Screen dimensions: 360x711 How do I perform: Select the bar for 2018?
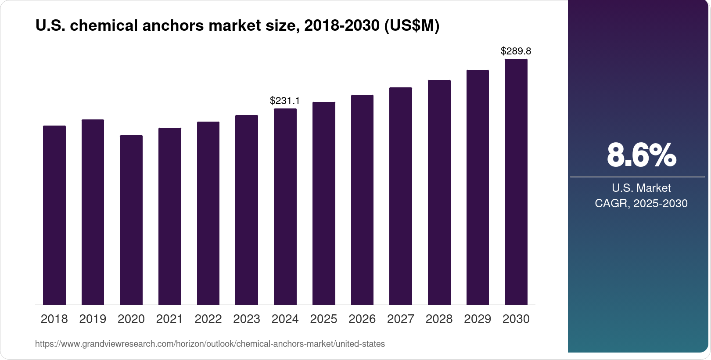tap(54, 215)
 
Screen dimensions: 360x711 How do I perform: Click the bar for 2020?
tap(131, 220)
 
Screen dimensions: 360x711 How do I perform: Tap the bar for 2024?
tap(285, 206)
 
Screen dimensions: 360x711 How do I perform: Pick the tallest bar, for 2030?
tap(516, 182)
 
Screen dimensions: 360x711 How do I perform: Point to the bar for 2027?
tap(400, 196)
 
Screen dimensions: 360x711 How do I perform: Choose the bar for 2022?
tap(208, 213)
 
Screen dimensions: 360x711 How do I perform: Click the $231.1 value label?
tap(285, 101)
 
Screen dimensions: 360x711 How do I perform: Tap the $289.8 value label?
tap(516, 51)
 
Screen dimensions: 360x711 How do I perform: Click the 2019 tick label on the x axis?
tap(93, 319)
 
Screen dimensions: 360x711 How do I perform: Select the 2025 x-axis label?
tap(323, 319)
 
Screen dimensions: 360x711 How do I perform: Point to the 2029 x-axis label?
tap(478, 319)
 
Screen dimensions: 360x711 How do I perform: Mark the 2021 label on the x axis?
tap(169, 319)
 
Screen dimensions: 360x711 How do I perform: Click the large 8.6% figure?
tap(641, 155)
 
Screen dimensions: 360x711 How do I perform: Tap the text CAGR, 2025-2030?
tap(641, 204)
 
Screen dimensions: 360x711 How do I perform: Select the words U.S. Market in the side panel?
tap(641, 188)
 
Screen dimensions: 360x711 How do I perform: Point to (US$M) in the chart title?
tap(411, 26)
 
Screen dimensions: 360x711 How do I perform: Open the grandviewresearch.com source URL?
tap(210, 344)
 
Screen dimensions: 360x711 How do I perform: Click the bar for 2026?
tap(362, 200)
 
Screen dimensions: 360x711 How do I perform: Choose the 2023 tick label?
tap(247, 319)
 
